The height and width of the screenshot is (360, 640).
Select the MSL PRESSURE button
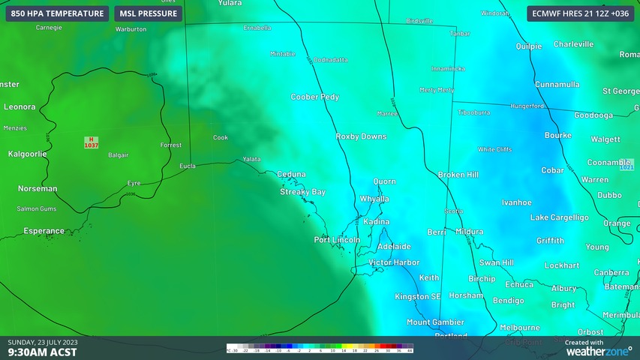(149, 13)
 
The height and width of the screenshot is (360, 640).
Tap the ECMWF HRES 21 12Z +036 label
(580, 13)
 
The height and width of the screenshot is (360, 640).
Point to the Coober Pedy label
(315, 97)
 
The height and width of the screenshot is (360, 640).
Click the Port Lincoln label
(337, 240)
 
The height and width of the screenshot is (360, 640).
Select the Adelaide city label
(394, 246)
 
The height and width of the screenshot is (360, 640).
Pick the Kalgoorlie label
(27, 154)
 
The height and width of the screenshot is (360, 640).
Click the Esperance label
(44, 231)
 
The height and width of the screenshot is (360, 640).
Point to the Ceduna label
(291, 175)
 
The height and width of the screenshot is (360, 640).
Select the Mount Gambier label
(434, 322)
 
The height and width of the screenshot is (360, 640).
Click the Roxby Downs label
(362, 136)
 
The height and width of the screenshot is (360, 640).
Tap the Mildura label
(469, 232)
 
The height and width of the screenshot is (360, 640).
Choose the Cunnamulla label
(557, 85)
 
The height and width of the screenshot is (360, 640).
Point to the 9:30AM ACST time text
(42, 352)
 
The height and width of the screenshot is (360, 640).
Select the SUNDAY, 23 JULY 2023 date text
(43, 342)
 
